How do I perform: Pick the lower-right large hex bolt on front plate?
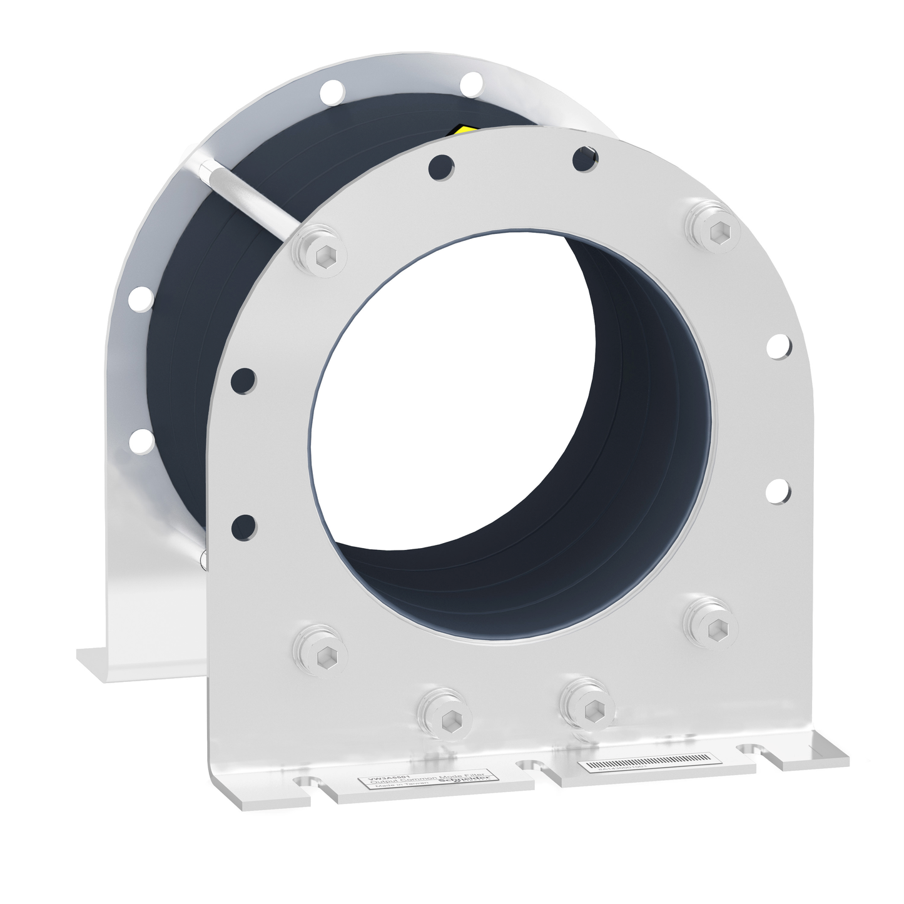708,619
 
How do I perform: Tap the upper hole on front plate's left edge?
243,379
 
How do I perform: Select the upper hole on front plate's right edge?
778,346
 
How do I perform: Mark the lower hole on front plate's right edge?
778,490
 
